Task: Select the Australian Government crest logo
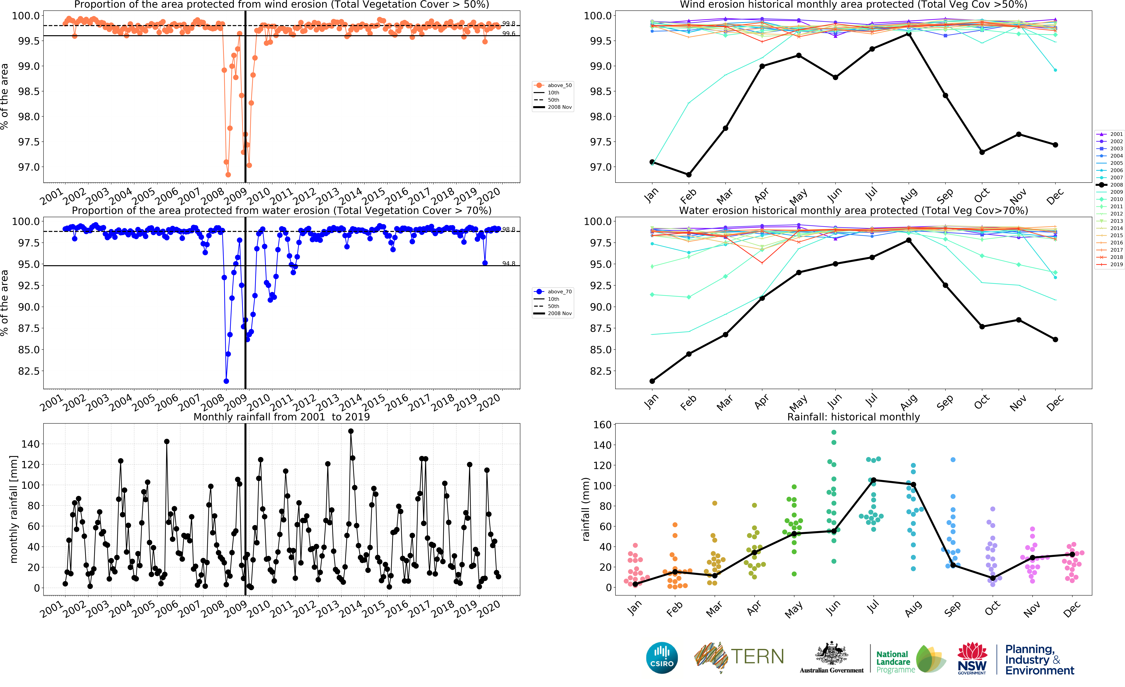831,654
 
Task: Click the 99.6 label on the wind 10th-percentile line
509,34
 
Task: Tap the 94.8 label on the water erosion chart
509,263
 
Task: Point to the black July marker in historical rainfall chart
873,480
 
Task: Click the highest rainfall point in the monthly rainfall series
351,431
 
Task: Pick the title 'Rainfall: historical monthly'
853,417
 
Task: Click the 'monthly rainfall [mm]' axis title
14,509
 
